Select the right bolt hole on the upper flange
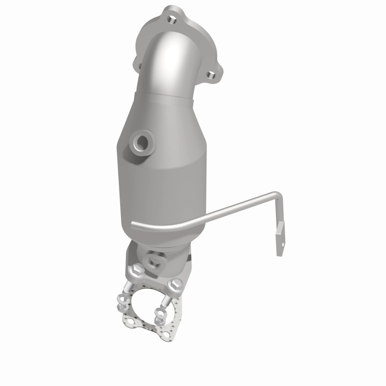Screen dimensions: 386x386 211,75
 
